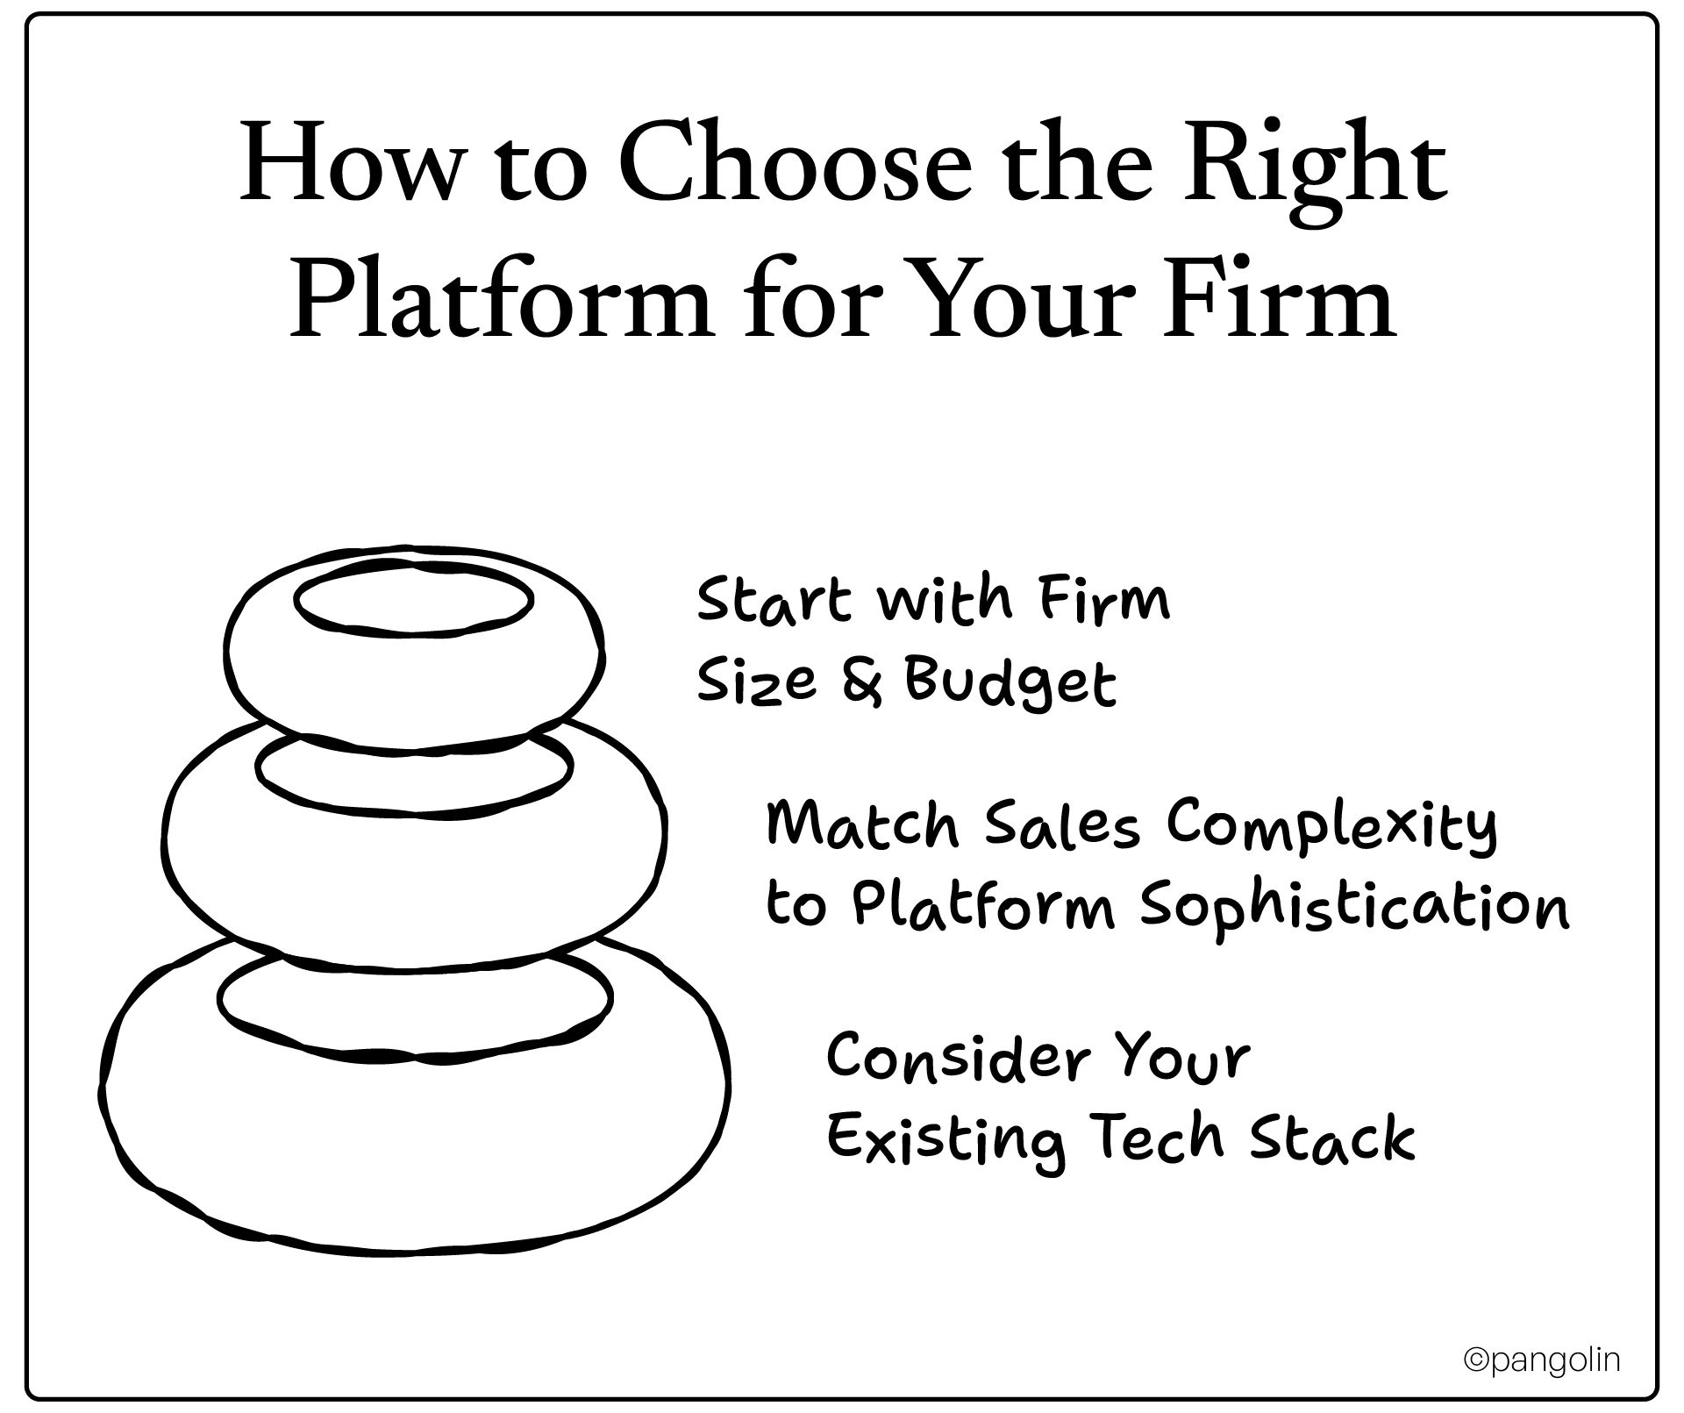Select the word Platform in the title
[x=500, y=301]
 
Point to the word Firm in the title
[x=1280, y=301]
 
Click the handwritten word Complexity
[x=1331, y=826]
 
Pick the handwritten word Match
[x=863, y=826]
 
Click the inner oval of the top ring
[x=414, y=600]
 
